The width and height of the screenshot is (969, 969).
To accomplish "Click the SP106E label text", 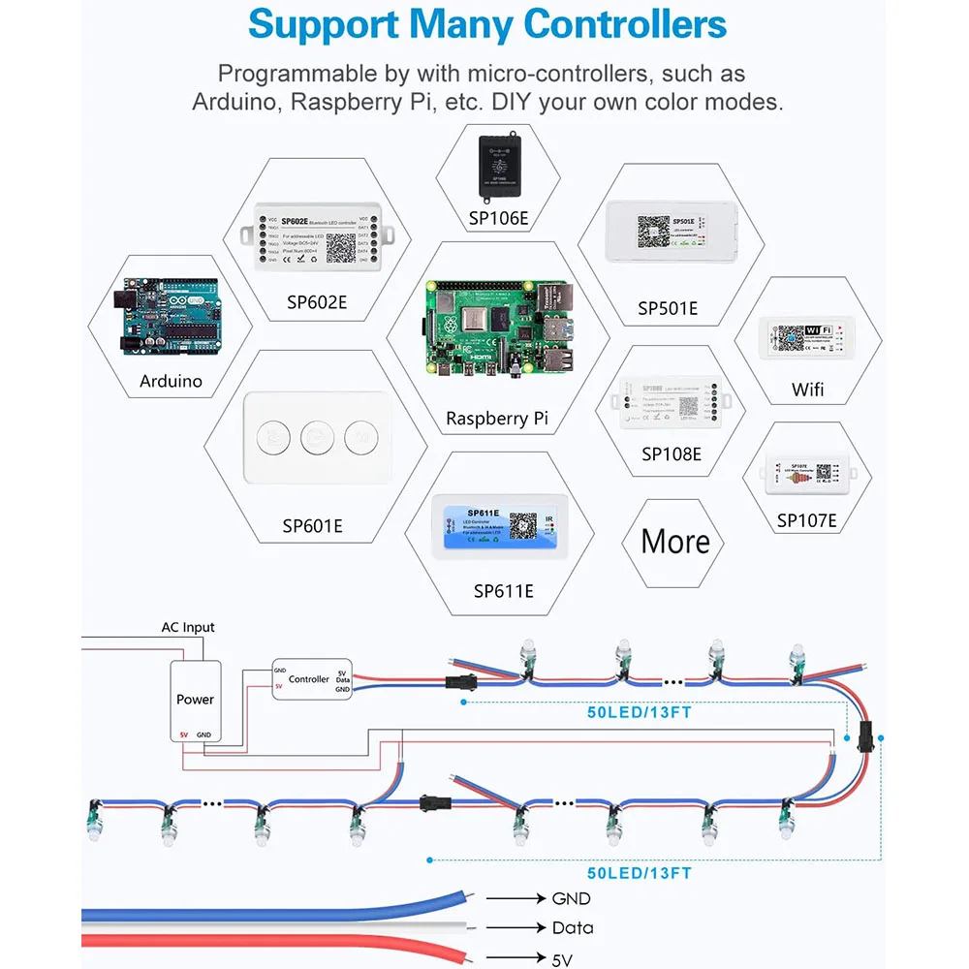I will click(499, 218).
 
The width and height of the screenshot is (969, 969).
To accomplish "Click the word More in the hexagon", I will click(675, 541).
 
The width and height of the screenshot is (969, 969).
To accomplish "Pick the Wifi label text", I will click(807, 390).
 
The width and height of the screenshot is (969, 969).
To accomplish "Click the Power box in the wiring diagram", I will click(196, 700).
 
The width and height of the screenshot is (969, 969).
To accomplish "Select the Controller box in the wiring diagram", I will click(310, 680).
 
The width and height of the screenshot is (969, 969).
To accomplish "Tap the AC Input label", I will click(188, 628).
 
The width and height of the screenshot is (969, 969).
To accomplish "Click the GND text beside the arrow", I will click(571, 899).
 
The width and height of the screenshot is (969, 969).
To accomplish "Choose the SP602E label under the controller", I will click(317, 301).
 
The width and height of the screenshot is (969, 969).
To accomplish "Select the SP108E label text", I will click(672, 453).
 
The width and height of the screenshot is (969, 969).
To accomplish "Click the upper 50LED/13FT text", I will click(639, 713).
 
